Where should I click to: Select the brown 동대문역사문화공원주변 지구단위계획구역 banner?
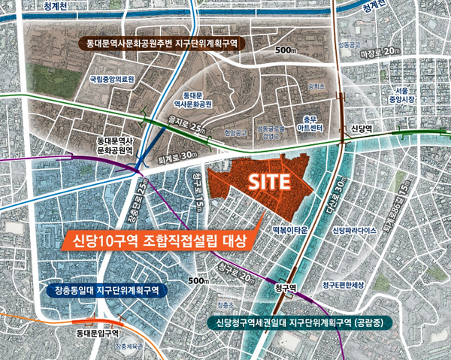(x=161, y=44)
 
